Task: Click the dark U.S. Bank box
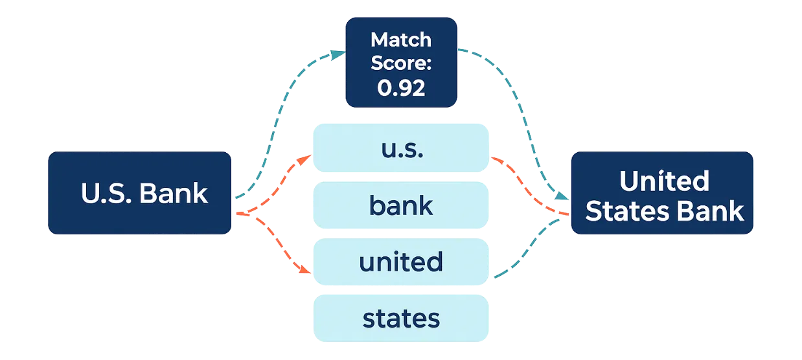(139, 192)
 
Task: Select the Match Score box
(402, 62)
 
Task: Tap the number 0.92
(402, 88)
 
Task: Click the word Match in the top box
(401, 39)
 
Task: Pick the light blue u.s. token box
(401, 149)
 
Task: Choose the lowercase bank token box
(401, 206)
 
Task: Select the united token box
(401, 262)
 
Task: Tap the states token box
(401, 319)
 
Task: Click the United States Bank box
(663, 192)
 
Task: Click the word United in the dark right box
(664, 181)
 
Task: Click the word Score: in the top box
(401, 64)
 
